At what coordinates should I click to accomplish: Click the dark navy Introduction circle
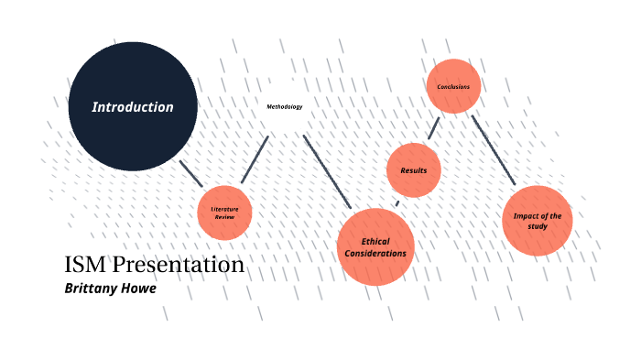[133, 106]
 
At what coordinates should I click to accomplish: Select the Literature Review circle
[225, 213]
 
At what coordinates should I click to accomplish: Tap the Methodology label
[284, 107]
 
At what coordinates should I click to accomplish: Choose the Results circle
[414, 170]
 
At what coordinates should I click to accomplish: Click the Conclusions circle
[453, 87]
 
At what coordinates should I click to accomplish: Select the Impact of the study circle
[538, 220]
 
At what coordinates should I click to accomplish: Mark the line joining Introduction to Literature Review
[190, 173]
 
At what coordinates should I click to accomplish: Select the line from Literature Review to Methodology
[255, 159]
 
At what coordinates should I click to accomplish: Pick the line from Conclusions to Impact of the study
[494, 151]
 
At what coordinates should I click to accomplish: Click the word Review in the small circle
[225, 218]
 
